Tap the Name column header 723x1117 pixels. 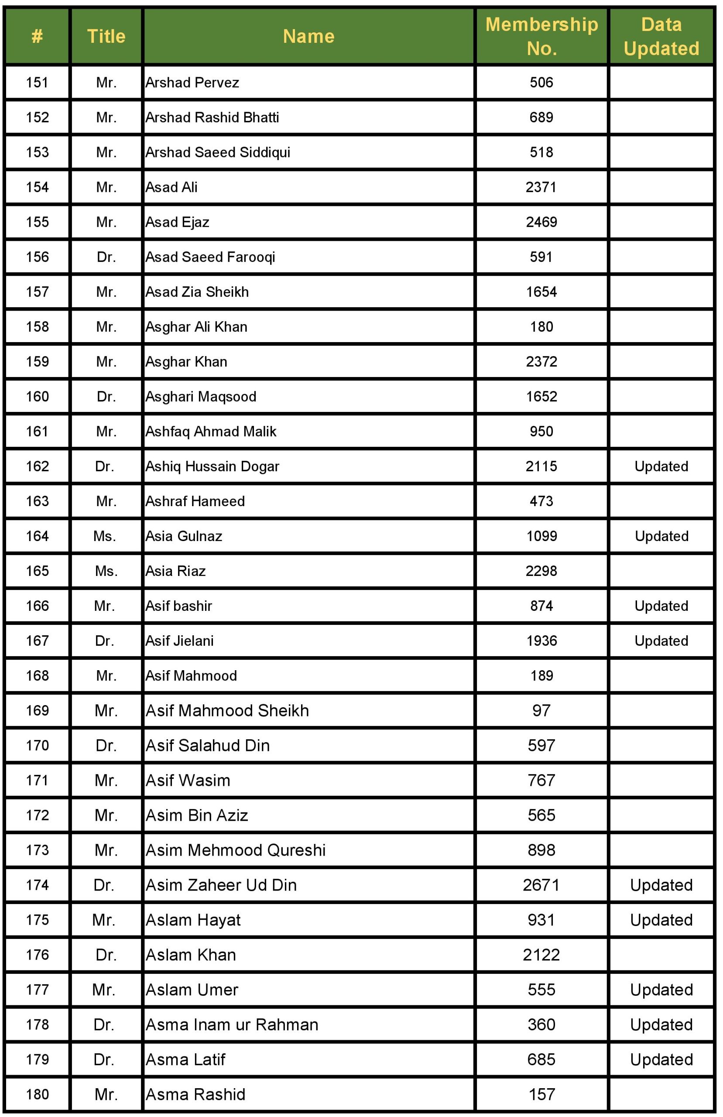tap(308, 36)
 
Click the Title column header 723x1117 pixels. tap(106, 36)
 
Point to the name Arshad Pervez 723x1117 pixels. tap(192, 82)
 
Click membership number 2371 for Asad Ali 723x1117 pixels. tap(541, 187)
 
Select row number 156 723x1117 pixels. tap(37, 257)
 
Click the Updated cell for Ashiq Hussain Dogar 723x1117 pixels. tap(661, 466)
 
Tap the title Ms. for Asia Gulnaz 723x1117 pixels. tap(104, 536)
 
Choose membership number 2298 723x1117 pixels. tap(541, 571)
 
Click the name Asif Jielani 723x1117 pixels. tap(179, 641)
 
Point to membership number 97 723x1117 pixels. tap(541, 711)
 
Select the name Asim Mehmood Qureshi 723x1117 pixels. tap(235, 850)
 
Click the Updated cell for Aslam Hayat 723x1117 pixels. tap(661, 920)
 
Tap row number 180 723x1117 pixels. tap(37, 1094)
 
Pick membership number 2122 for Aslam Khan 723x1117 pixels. tap(541, 955)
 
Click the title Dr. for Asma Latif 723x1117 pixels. tap(104, 1059)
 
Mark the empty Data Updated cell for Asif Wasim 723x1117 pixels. tap(661, 780)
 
